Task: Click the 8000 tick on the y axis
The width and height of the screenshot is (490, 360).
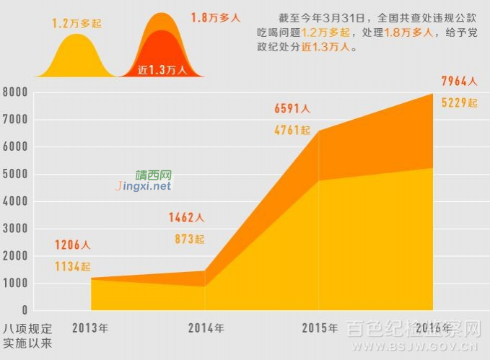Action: coord(15,92)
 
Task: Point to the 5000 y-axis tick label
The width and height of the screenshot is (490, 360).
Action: coord(15,175)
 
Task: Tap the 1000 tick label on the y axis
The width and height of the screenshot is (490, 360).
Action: coord(15,284)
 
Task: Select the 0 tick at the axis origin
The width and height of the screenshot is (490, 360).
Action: coord(25,311)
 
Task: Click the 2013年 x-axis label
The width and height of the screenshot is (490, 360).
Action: coord(90,328)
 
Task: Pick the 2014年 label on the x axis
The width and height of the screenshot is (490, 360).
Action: coord(206,328)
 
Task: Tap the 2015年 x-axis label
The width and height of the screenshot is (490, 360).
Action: coord(320,328)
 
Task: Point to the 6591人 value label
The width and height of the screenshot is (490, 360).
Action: coord(292,109)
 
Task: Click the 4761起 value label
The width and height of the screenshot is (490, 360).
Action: coord(292,131)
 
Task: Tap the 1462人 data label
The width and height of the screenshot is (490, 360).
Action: coord(186,217)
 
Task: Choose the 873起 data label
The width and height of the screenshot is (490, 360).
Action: coord(189,239)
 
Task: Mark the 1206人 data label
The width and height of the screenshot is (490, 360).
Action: coord(72,245)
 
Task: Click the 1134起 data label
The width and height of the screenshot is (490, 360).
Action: coord(72,267)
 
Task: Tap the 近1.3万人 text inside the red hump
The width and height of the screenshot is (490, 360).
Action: coord(162,70)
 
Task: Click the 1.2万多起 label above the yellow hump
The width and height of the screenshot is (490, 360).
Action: coord(76,24)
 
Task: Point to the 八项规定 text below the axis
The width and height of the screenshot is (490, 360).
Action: coord(27,328)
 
